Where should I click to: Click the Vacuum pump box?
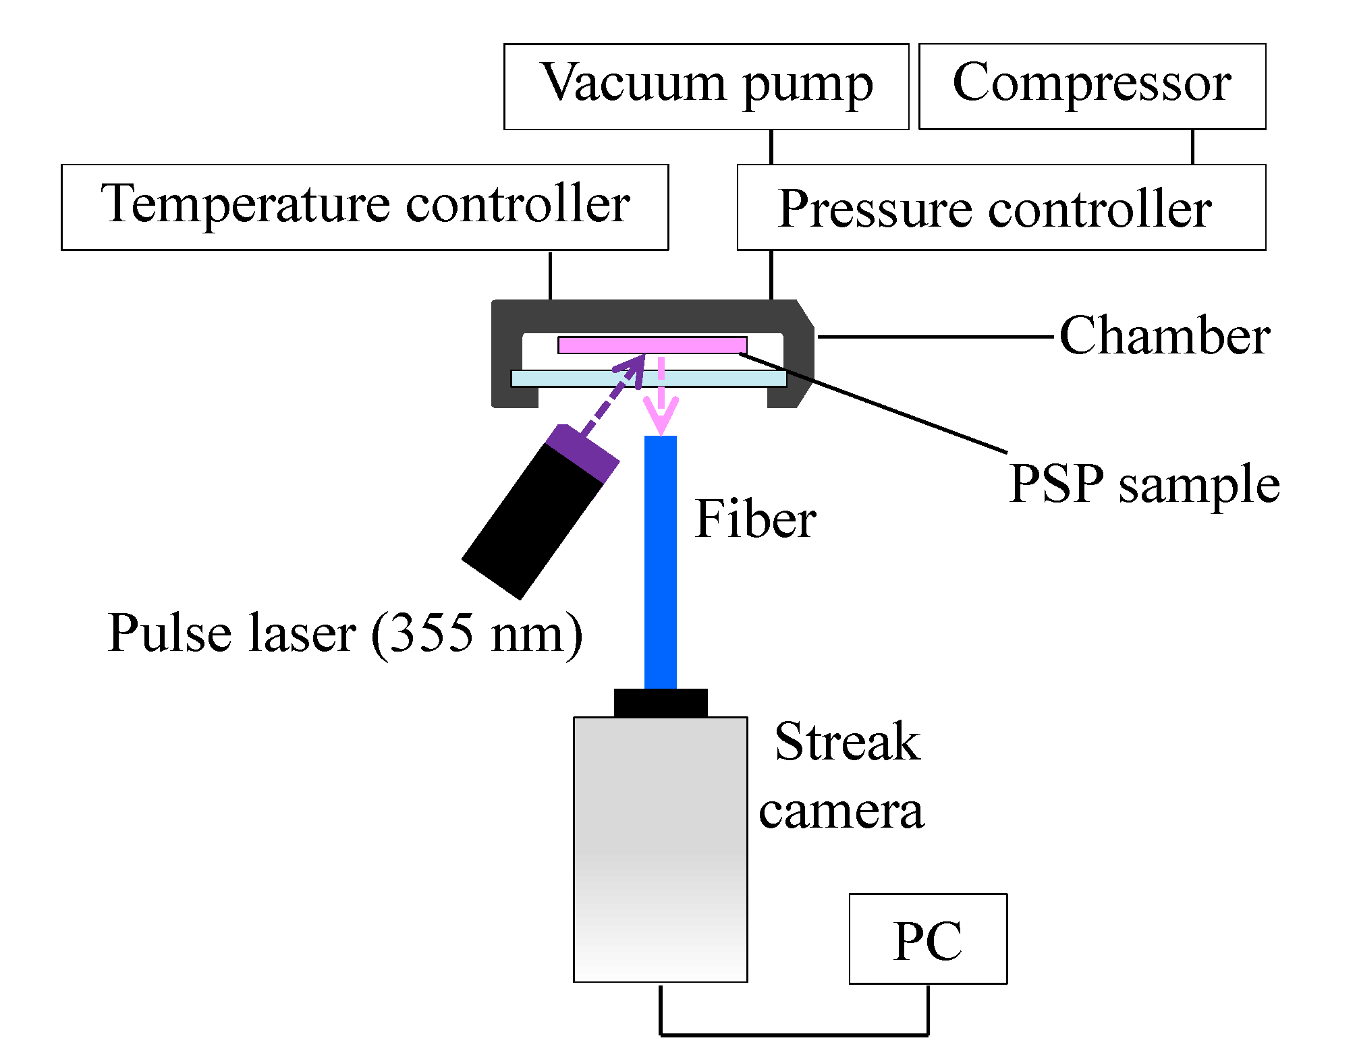coord(706,86)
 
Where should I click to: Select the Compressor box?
coord(1092,86)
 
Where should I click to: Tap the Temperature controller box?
coord(364,207)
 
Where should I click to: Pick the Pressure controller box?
coord(1001,207)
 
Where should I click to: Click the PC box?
coord(927,938)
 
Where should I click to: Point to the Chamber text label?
coord(1164,335)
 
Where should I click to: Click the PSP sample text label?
coord(1144,484)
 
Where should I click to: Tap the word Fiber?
coord(755,519)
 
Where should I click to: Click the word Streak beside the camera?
coord(847,741)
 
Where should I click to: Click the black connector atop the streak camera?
coord(660,703)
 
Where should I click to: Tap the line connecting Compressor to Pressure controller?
coord(1192,146)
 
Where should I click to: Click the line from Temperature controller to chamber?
coord(550,275)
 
